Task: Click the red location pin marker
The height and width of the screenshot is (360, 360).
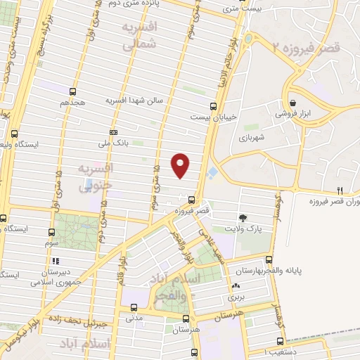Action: coord(181,165)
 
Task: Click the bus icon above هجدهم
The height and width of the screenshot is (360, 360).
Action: coord(73,91)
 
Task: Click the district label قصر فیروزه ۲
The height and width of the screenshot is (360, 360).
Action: coord(306,47)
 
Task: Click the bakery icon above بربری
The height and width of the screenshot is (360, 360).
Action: coord(236,286)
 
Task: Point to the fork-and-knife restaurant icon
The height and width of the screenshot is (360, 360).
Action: coord(340,191)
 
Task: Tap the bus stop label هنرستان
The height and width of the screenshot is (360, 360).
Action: coord(186,329)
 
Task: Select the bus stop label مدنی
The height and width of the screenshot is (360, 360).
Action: coord(133,318)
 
